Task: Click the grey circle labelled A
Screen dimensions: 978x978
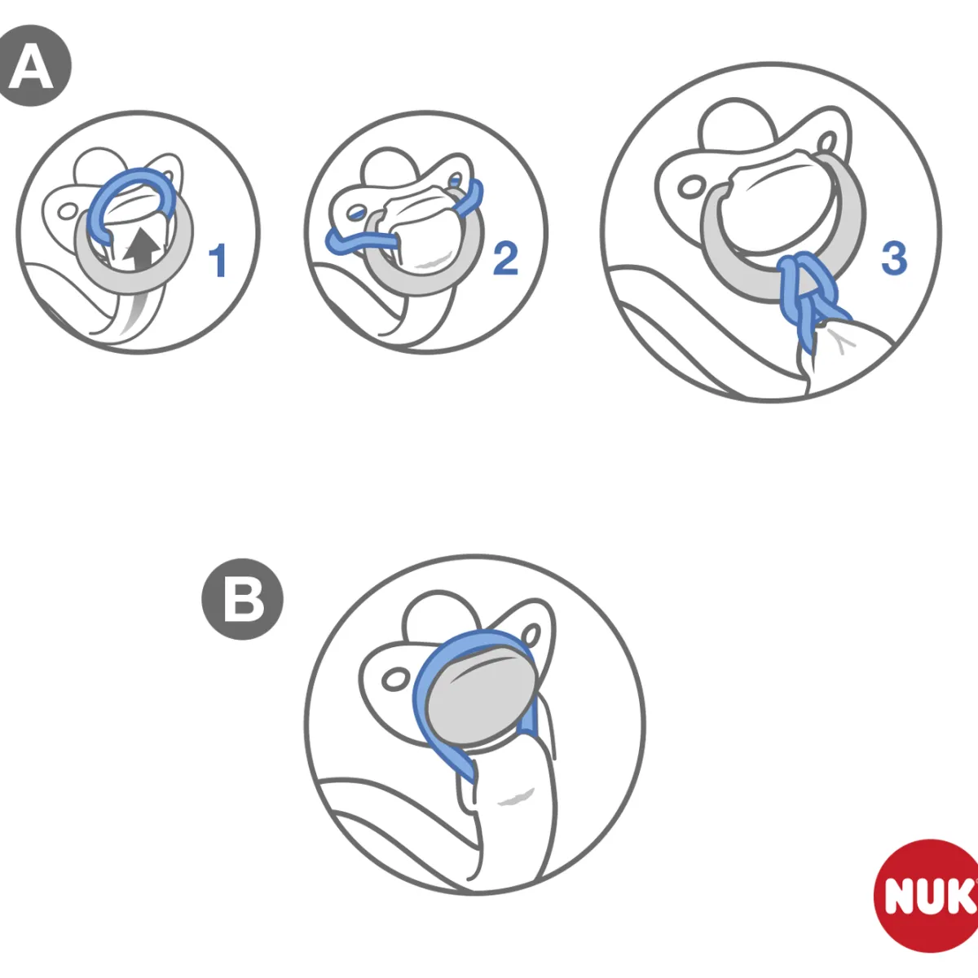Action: (32, 65)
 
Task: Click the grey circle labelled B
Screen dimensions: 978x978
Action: (243, 599)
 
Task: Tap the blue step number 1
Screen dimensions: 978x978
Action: (218, 260)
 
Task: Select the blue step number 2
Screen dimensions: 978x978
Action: (505, 259)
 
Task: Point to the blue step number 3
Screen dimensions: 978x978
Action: (894, 259)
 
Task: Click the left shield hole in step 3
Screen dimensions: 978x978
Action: (689, 187)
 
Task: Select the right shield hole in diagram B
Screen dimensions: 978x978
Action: (531, 634)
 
